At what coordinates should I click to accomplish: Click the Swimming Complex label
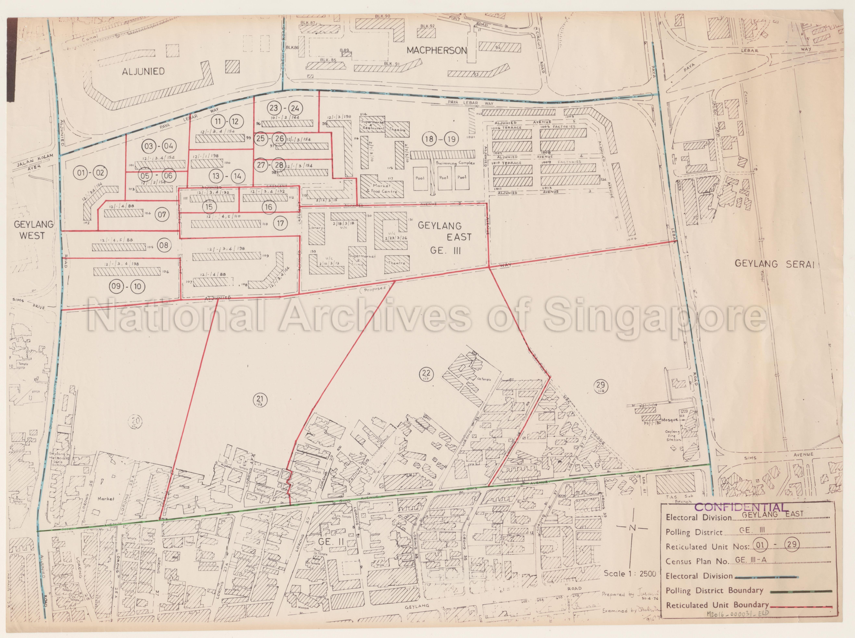(455, 163)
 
